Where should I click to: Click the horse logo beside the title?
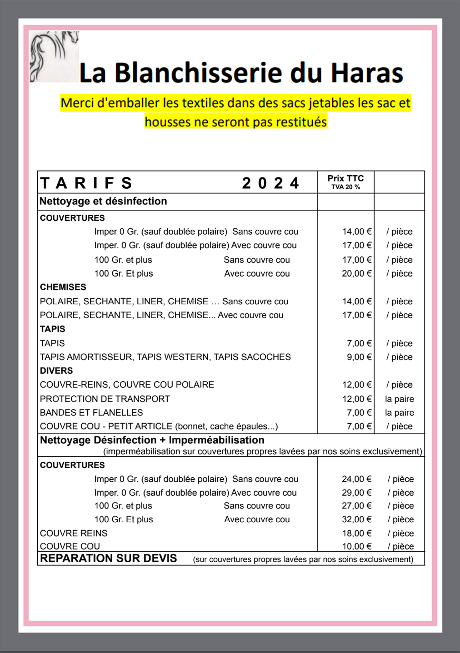[54, 57]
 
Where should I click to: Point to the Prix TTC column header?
[346, 178]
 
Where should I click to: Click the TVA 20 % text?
[346, 187]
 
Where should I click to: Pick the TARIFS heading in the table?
[86, 183]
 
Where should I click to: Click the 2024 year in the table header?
[270, 183]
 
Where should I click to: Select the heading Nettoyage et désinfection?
[103, 201]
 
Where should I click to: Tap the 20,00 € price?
[357, 274]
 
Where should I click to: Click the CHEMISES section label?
[63, 287]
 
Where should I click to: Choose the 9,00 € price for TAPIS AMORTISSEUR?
[359, 357]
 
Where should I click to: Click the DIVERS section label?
[56, 370]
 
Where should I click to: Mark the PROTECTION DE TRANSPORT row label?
[105, 399]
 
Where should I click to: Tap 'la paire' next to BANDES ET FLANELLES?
[399, 413]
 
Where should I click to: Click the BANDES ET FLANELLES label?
[91, 413]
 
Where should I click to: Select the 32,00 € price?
[357, 519]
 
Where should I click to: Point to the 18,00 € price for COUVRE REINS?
[357, 533]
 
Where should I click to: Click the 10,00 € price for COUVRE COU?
[357, 546]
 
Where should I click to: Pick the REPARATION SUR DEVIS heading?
[108, 558]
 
